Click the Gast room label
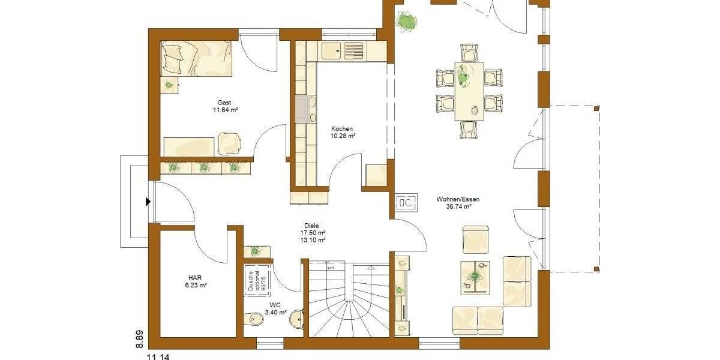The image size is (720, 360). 224,103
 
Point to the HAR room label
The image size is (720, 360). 195,278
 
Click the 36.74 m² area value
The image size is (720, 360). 458,206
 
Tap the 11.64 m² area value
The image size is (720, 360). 225,110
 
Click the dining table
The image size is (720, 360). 469,91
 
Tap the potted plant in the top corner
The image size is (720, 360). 407,23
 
